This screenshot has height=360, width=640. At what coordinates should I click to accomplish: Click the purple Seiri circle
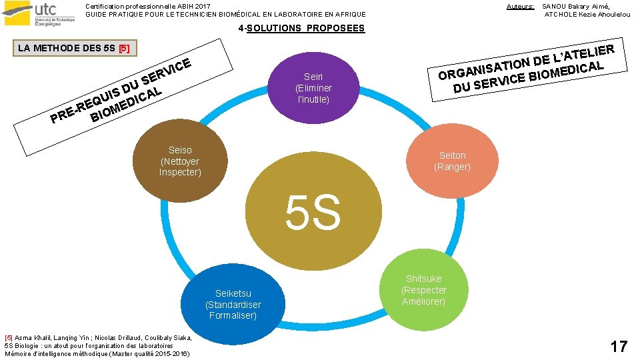click(x=313, y=87)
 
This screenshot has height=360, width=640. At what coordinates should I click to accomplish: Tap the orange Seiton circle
click(x=452, y=160)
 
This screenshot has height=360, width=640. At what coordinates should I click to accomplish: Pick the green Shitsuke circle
click(x=423, y=290)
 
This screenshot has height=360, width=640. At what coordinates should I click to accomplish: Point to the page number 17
click(x=619, y=346)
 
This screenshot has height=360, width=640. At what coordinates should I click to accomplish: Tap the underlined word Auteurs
click(x=520, y=7)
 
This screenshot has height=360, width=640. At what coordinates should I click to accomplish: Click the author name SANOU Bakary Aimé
click(x=577, y=7)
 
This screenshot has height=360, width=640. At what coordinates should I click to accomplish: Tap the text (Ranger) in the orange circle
click(x=452, y=167)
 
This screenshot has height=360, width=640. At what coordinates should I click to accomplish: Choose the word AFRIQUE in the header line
click(x=348, y=15)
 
